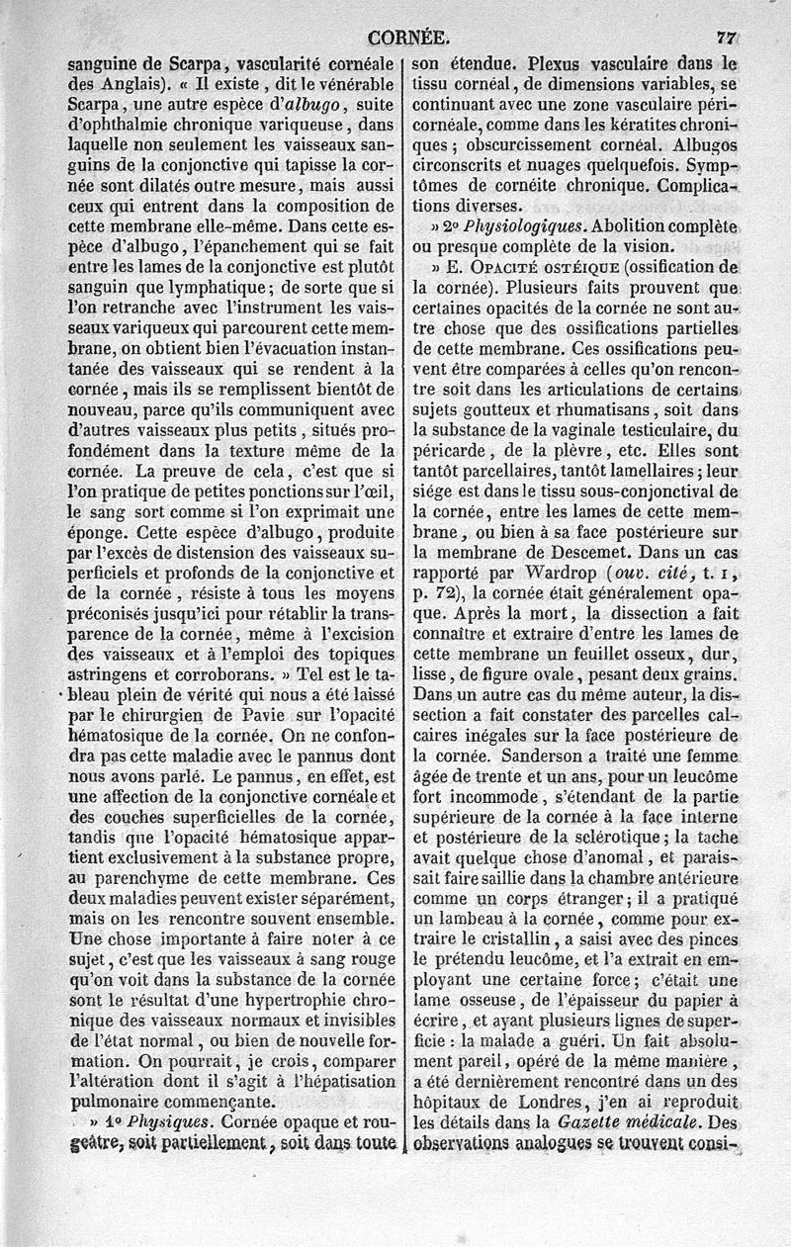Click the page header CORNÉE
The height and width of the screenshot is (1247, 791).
[x=407, y=39]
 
